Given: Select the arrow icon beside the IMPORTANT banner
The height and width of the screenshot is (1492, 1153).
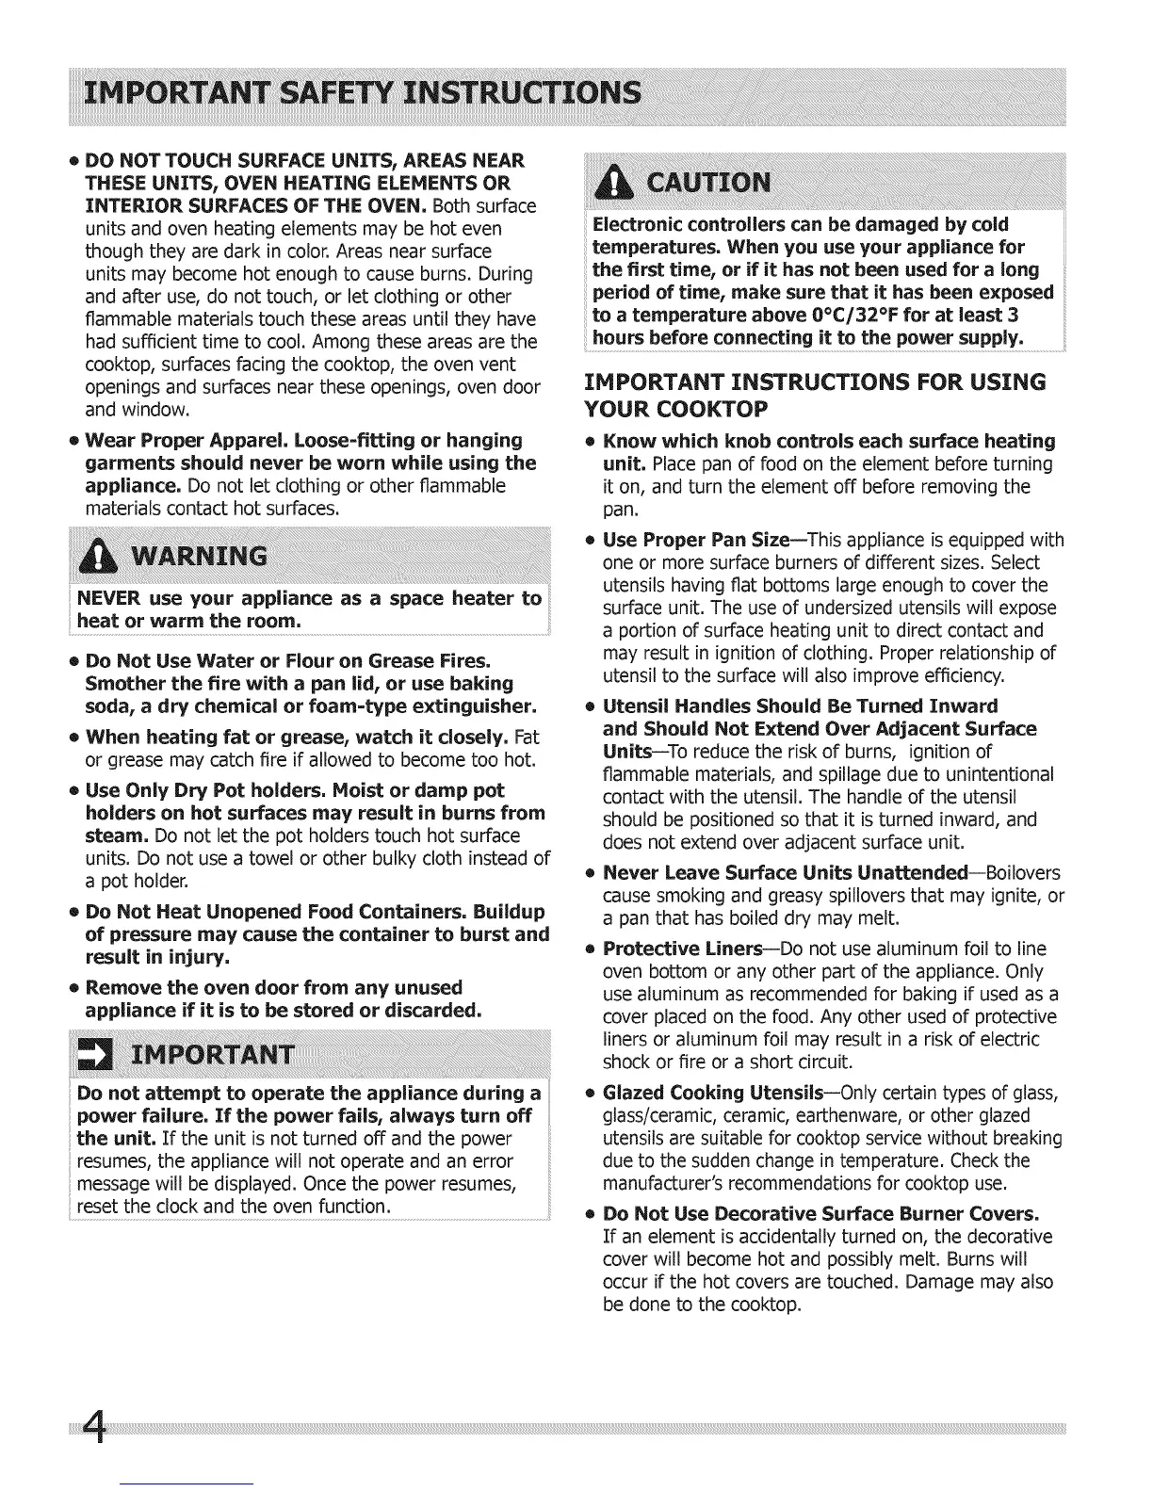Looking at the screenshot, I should tap(95, 1053).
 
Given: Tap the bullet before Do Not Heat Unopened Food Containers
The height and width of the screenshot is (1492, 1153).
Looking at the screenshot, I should tap(73, 913).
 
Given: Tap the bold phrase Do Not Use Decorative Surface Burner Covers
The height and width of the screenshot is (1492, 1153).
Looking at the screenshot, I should tap(820, 1214).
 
